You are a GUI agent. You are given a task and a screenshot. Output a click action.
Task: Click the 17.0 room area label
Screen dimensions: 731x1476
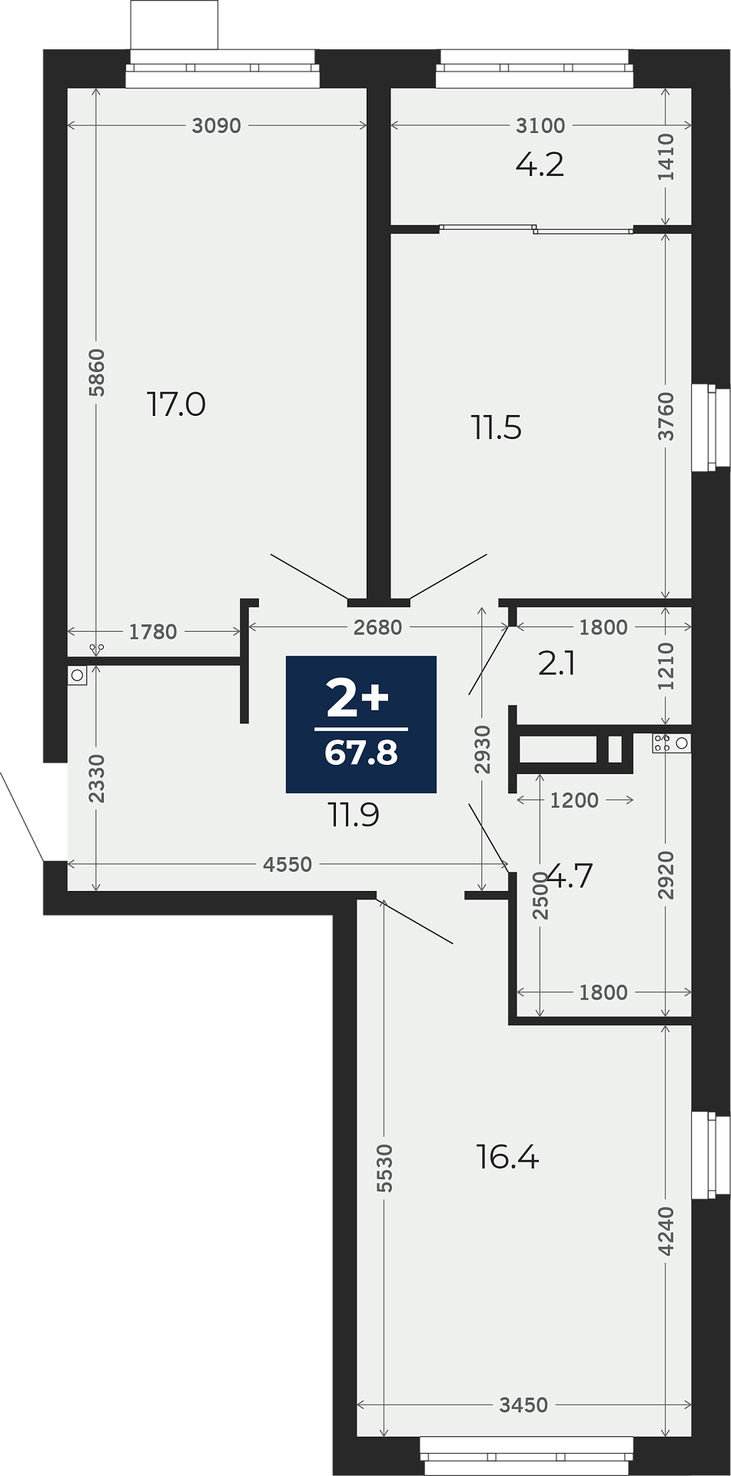tap(176, 404)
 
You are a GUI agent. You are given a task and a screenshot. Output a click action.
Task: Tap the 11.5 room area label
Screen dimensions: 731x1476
tap(497, 427)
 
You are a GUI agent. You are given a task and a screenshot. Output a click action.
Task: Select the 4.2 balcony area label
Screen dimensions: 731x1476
tap(540, 165)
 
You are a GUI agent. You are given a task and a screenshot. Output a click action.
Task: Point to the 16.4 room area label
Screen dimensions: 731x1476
tap(507, 1156)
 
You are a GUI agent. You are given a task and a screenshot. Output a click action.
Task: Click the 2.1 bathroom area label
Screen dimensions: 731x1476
tap(557, 663)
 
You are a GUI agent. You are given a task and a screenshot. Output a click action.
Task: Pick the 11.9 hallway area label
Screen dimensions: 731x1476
tap(354, 815)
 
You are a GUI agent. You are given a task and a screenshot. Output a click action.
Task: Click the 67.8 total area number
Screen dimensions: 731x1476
tap(361, 753)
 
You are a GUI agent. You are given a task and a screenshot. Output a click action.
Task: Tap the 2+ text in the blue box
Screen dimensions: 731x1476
tap(358, 699)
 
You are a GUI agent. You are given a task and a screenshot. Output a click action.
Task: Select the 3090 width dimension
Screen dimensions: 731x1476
tap(216, 125)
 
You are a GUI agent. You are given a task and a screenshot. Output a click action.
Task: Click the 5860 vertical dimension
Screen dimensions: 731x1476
tap(96, 373)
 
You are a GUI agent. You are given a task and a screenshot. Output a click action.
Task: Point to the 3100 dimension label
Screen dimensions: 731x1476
tap(540, 125)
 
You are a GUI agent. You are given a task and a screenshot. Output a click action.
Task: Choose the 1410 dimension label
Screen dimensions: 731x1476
tap(666, 158)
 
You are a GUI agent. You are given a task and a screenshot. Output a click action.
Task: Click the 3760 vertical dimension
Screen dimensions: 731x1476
tap(666, 417)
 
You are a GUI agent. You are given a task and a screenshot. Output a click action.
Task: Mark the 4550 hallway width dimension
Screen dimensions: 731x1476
tap(287, 864)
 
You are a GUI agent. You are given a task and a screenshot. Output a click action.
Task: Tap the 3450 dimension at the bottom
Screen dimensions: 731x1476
tap(523, 1405)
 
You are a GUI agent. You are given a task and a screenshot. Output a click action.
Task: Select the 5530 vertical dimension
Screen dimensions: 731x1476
tap(385, 1168)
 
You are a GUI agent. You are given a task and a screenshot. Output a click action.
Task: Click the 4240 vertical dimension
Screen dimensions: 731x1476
tap(666, 1231)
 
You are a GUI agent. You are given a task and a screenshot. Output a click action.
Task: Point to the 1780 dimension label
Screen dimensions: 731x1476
tap(153, 632)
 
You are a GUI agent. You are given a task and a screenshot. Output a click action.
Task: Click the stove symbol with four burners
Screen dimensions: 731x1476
tap(662, 743)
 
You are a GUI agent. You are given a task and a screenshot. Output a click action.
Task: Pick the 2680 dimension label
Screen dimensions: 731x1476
tap(377, 627)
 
